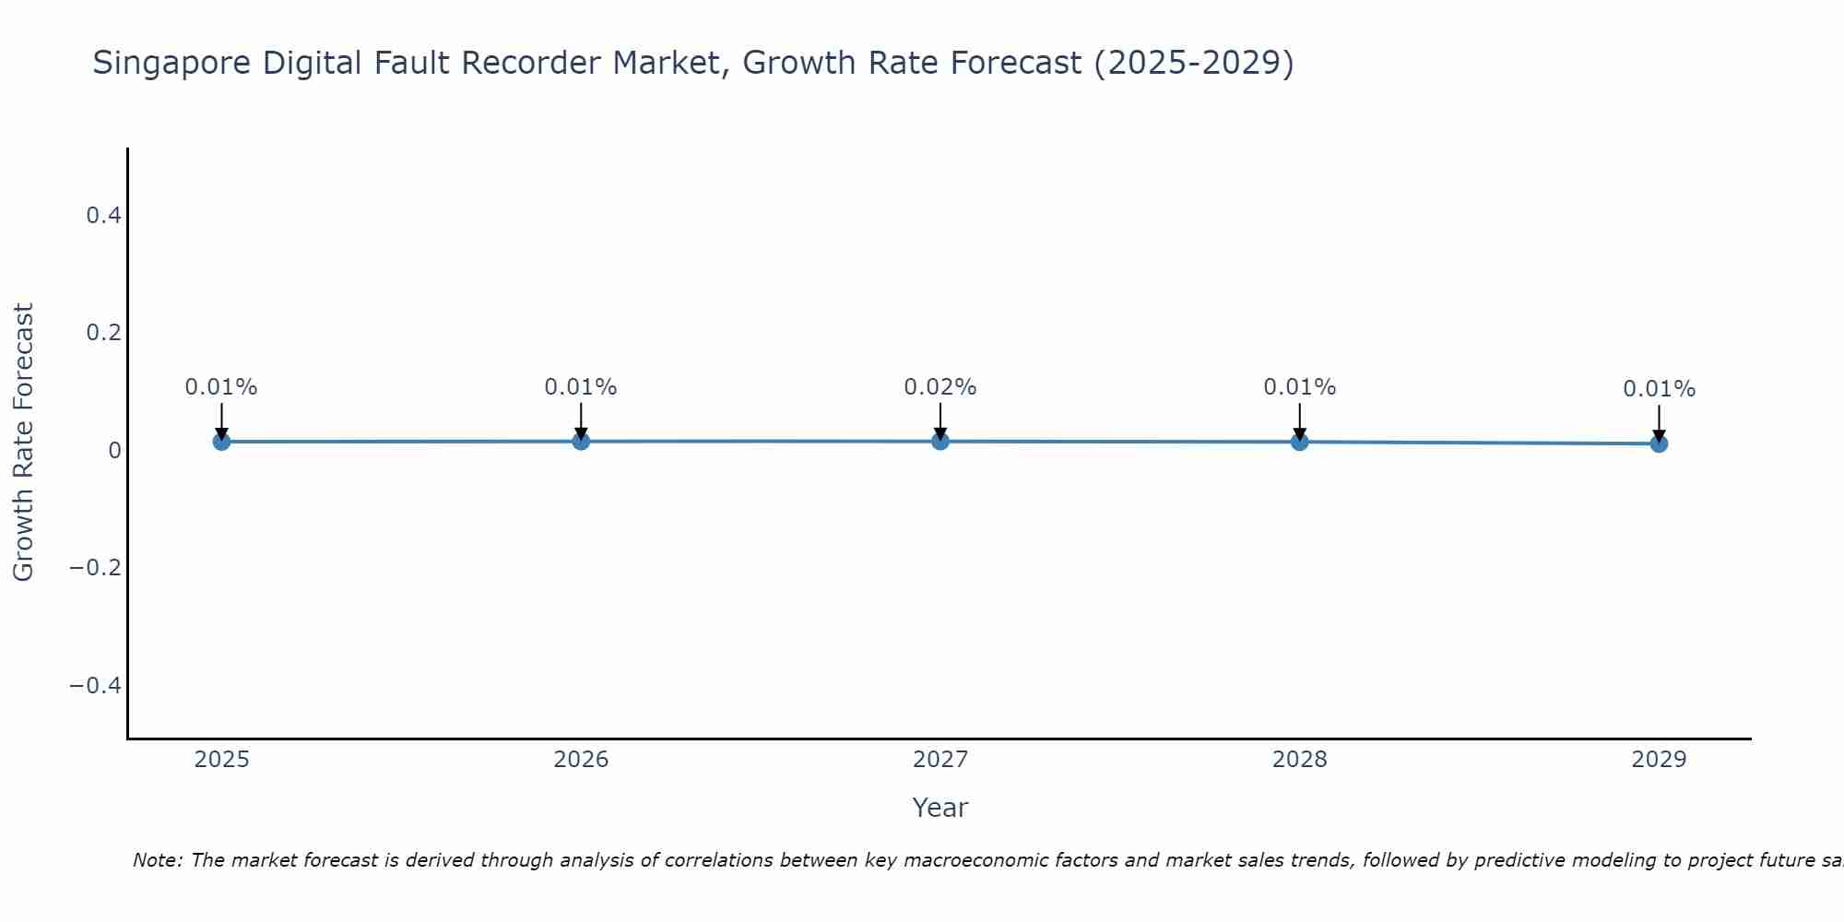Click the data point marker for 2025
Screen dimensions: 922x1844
coord(221,442)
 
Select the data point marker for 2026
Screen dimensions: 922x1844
coord(581,442)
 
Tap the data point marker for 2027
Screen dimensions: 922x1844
coord(940,442)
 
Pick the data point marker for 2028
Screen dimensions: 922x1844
coord(1299,442)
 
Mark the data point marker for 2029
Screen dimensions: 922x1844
coord(1659,443)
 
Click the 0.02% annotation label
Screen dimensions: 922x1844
coord(940,387)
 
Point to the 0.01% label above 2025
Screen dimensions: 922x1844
coord(221,387)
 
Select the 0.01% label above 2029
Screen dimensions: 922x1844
coord(1659,389)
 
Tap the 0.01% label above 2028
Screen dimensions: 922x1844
coord(1299,387)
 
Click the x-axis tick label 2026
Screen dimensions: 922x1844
coord(581,760)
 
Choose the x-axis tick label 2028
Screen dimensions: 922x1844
coord(1299,760)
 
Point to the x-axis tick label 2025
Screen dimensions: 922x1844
coord(222,760)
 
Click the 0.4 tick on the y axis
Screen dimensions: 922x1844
coord(103,216)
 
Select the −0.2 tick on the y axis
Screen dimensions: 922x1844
coord(95,567)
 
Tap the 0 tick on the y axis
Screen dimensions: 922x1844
coord(114,451)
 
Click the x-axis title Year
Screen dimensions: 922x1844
coord(940,808)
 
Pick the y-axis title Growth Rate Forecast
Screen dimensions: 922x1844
coord(23,442)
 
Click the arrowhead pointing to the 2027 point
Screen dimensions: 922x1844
coord(940,433)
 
